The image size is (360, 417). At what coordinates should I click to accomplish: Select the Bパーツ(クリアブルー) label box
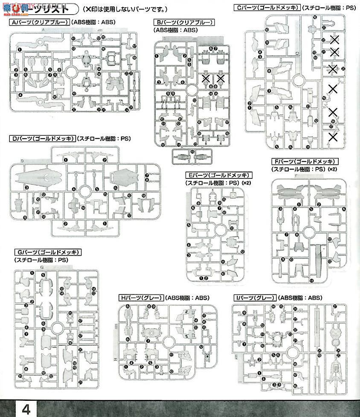(x=184, y=22)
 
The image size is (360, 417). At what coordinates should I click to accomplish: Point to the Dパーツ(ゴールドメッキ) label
(x=42, y=139)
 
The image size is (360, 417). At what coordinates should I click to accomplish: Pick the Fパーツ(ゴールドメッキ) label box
(x=305, y=161)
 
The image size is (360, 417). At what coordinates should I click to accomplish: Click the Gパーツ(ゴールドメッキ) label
(x=47, y=252)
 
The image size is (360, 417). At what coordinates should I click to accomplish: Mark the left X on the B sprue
(x=206, y=78)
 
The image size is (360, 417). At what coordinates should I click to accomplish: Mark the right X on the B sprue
(x=221, y=78)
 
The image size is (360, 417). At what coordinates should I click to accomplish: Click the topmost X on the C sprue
(x=335, y=40)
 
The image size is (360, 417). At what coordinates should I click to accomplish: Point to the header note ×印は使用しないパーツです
(x=125, y=9)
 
